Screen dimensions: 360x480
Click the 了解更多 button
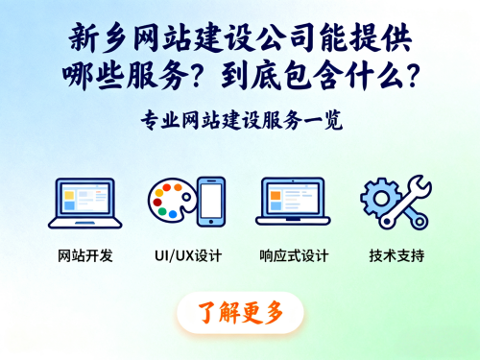240,312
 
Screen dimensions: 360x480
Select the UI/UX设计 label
187,256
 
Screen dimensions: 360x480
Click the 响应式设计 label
294,256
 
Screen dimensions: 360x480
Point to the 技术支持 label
396,256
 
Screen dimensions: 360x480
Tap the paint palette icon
171,204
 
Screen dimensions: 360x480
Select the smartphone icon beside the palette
211,202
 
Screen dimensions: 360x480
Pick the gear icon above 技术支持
383,196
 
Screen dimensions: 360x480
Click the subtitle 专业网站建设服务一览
240,122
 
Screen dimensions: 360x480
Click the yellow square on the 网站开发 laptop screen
69,201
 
